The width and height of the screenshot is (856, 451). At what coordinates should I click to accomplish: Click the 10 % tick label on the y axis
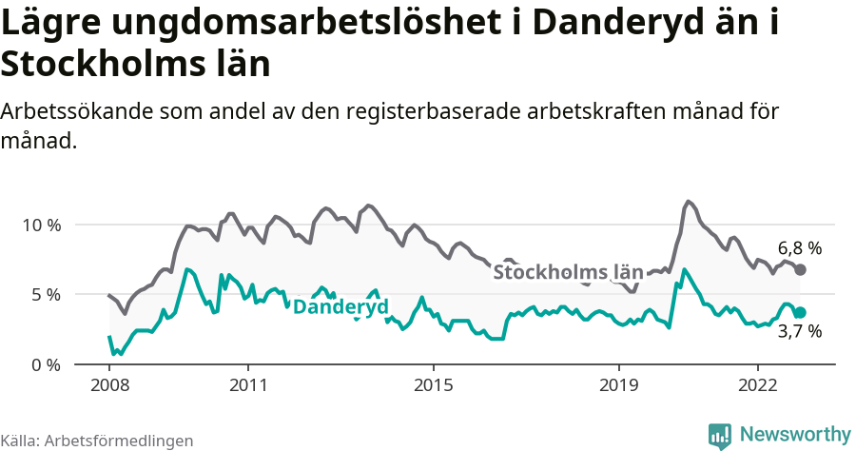[41, 225]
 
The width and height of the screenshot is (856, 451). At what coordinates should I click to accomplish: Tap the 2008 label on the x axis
[109, 385]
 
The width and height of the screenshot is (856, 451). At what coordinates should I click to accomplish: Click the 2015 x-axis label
[434, 385]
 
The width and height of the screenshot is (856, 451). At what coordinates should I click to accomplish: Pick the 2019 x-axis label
[619, 385]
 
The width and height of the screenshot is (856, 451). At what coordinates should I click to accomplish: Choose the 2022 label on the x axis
[758, 385]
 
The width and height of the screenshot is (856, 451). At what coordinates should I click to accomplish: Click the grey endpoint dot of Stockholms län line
[801, 270]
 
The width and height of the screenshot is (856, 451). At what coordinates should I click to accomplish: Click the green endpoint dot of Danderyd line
[801, 313]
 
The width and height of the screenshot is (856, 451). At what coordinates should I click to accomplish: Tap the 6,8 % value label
[799, 248]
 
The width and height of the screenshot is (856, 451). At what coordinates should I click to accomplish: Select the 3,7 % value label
[799, 332]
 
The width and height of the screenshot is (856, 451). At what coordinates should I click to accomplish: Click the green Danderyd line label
[340, 307]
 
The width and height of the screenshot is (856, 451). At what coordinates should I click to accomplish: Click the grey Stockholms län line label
[568, 273]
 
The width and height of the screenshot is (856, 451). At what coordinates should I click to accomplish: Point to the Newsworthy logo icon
[720, 436]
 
